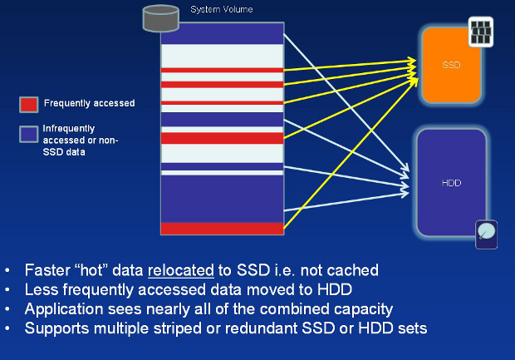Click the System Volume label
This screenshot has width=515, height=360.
221,9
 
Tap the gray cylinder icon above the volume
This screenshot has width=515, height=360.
160,17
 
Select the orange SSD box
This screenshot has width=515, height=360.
451,65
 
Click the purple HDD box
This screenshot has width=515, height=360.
451,182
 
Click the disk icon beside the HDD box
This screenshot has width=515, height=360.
487,234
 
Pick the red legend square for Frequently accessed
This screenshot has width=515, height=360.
28,104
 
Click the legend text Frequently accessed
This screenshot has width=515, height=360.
89,103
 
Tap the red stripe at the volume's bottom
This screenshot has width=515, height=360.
222,228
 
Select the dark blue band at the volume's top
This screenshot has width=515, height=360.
222,33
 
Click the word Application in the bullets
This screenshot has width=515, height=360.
63,308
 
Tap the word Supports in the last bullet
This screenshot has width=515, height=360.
56,328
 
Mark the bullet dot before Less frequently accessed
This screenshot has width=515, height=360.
7,290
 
